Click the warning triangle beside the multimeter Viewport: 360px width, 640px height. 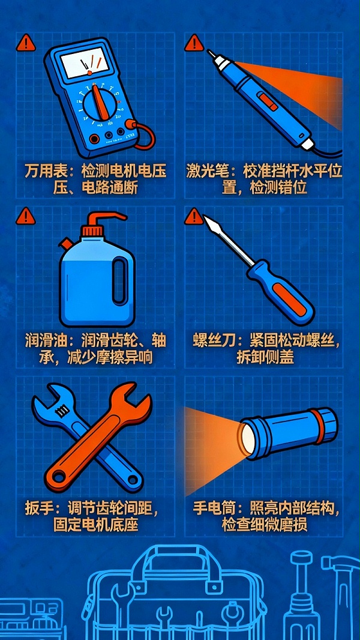pyautogui.click(x=26, y=43)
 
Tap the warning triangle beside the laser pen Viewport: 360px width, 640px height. pyautogui.click(x=193, y=43)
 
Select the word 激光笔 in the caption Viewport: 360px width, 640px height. pyautogui.click(x=206, y=172)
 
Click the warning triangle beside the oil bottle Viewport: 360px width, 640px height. pyautogui.click(x=26, y=215)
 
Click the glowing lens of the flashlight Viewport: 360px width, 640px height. pyautogui.click(x=246, y=433)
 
